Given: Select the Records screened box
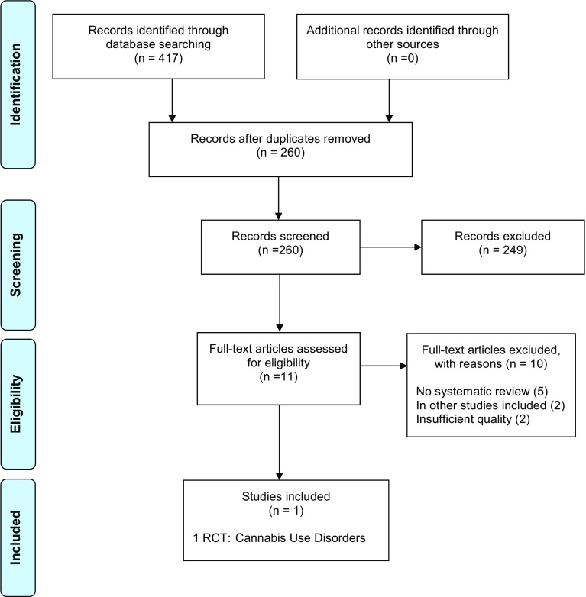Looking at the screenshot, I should (280, 247).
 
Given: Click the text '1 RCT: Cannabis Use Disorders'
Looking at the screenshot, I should (280, 537).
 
